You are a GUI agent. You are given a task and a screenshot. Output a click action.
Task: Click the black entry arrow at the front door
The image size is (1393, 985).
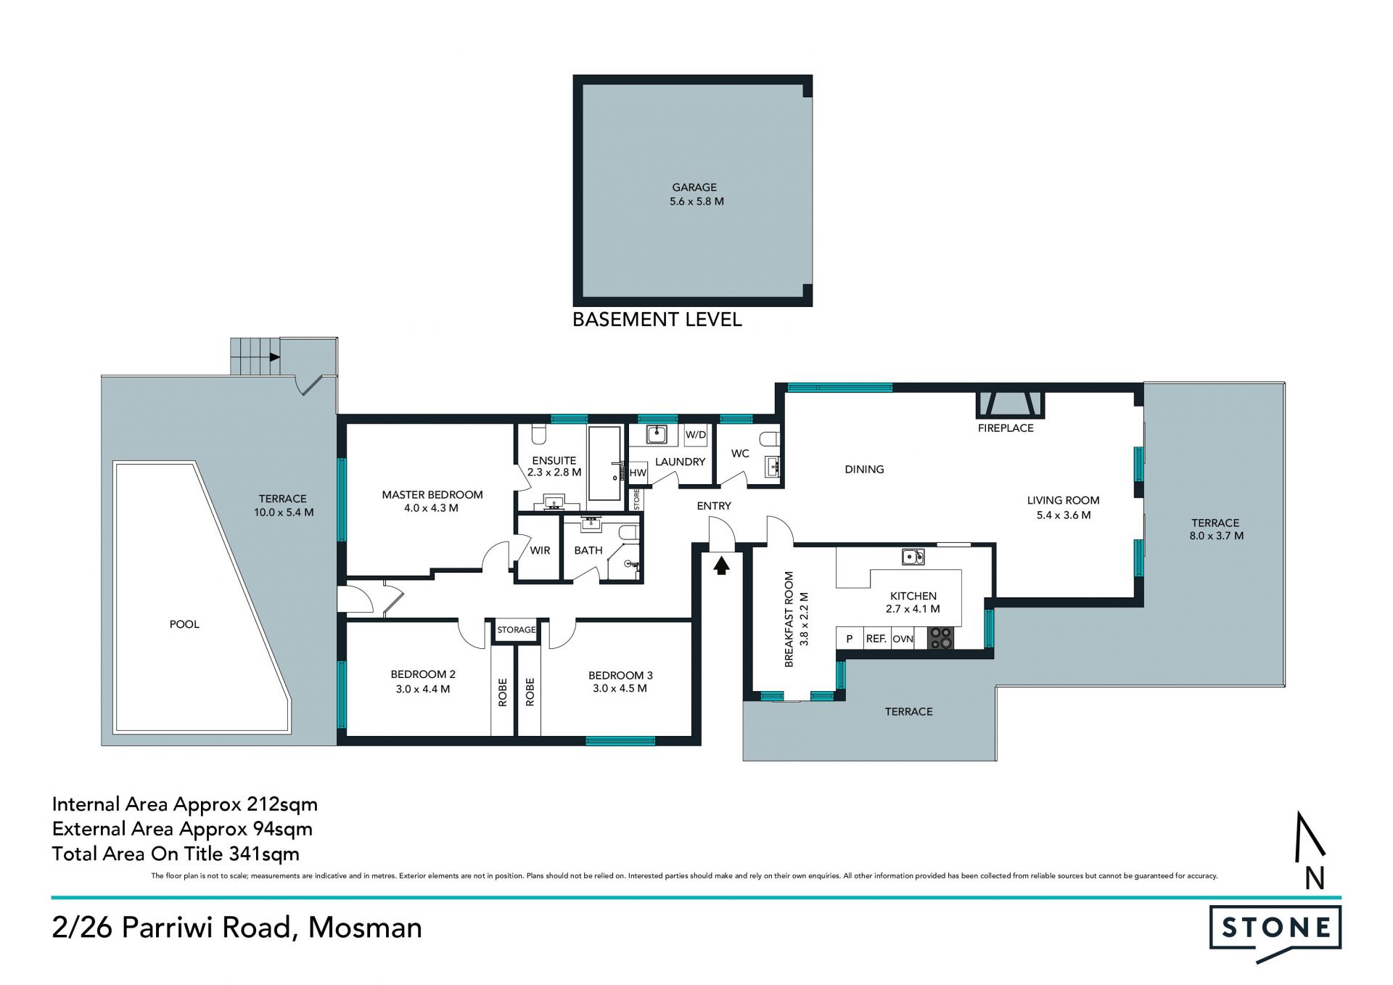tap(721, 565)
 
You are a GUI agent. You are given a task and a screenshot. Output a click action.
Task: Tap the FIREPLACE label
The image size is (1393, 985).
tap(1006, 428)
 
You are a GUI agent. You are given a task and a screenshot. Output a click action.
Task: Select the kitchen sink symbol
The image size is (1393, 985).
tap(913, 557)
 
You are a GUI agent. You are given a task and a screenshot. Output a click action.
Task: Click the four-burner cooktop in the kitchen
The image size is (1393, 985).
tap(940, 638)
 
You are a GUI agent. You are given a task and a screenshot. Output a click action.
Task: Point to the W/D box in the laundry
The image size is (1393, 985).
tap(695, 435)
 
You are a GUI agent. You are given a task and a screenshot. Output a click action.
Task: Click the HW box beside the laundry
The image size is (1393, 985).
tap(638, 473)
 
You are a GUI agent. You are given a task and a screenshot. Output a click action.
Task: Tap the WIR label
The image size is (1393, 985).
tap(540, 550)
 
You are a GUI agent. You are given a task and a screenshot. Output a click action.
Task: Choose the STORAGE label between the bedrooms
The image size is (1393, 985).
tap(517, 629)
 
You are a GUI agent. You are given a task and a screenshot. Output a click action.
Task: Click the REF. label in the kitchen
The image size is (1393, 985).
tap(876, 639)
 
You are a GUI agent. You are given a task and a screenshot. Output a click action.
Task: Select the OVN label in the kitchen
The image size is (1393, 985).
tap(903, 639)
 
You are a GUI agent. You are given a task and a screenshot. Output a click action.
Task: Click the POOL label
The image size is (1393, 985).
tap(184, 624)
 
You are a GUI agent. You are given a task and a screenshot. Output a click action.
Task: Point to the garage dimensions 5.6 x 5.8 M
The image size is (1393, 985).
tap(696, 201)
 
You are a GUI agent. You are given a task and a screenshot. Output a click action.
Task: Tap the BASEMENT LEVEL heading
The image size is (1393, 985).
tap(657, 319)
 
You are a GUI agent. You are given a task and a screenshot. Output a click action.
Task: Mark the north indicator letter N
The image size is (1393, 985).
tap(1315, 878)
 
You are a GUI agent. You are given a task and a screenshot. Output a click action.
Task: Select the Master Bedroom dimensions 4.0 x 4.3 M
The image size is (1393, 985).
tap(432, 508)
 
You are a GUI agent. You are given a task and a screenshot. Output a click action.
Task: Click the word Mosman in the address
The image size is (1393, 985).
tap(365, 928)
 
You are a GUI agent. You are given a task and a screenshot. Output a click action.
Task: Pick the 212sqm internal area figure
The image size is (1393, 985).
tap(282, 805)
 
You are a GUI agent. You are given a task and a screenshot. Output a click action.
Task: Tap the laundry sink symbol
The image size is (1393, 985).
tap(657, 434)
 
